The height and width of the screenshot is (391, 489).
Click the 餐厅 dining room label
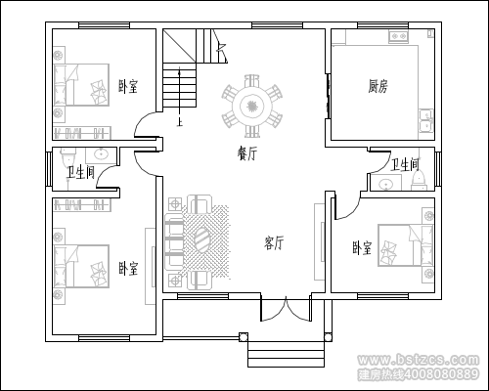click(247, 153)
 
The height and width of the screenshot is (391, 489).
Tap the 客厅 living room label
click(274, 242)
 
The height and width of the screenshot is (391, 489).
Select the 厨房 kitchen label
click(378, 87)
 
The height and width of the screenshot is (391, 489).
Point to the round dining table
click(251, 106)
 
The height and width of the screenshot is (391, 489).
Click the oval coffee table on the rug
click(202, 239)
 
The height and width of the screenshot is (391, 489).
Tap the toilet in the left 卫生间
click(68, 158)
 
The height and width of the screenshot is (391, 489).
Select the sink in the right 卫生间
click(386, 184)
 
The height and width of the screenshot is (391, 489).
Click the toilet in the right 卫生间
click(419, 181)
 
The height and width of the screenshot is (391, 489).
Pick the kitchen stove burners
click(398, 35)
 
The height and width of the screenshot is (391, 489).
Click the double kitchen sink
click(425, 120)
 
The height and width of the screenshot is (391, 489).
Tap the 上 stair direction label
click(179, 122)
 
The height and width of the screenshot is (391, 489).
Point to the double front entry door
click(286, 309)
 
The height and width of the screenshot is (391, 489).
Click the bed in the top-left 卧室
click(81, 85)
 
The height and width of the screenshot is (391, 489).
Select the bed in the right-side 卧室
click(406, 245)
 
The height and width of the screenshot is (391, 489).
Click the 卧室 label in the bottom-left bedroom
click(128, 269)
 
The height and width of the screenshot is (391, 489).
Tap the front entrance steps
click(286, 354)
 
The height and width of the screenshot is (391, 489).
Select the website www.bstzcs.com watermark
click(419, 360)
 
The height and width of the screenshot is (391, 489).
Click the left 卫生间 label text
click(81, 172)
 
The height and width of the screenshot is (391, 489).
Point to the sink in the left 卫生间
click(102, 154)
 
